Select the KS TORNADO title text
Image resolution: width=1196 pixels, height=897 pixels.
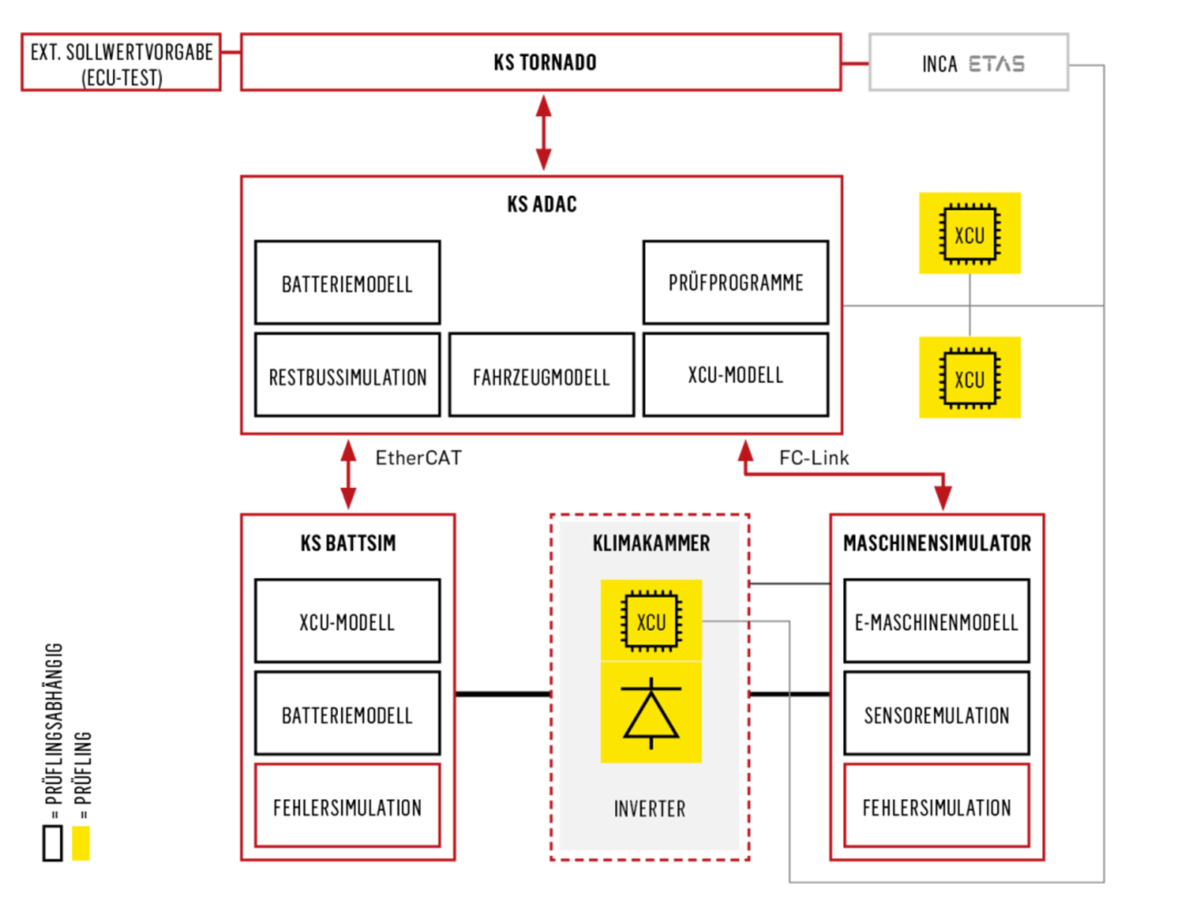[x=544, y=62]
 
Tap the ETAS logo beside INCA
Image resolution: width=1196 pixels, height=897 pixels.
[x=996, y=64]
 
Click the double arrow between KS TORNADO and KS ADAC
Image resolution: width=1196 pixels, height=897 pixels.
[x=543, y=132]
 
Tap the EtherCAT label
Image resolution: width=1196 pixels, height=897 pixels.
[x=418, y=457]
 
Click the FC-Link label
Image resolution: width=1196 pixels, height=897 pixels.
[x=813, y=457]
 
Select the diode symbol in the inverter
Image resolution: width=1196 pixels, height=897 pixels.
[x=650, y=713]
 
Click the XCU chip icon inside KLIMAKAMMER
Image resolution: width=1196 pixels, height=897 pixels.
[x=650, y=620]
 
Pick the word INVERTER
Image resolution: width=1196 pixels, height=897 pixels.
[x=650, y=809]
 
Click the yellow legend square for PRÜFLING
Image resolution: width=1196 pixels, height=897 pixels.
[x=81, y=843]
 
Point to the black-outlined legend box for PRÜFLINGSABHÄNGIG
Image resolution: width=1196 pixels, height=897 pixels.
[x=43, y=843]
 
